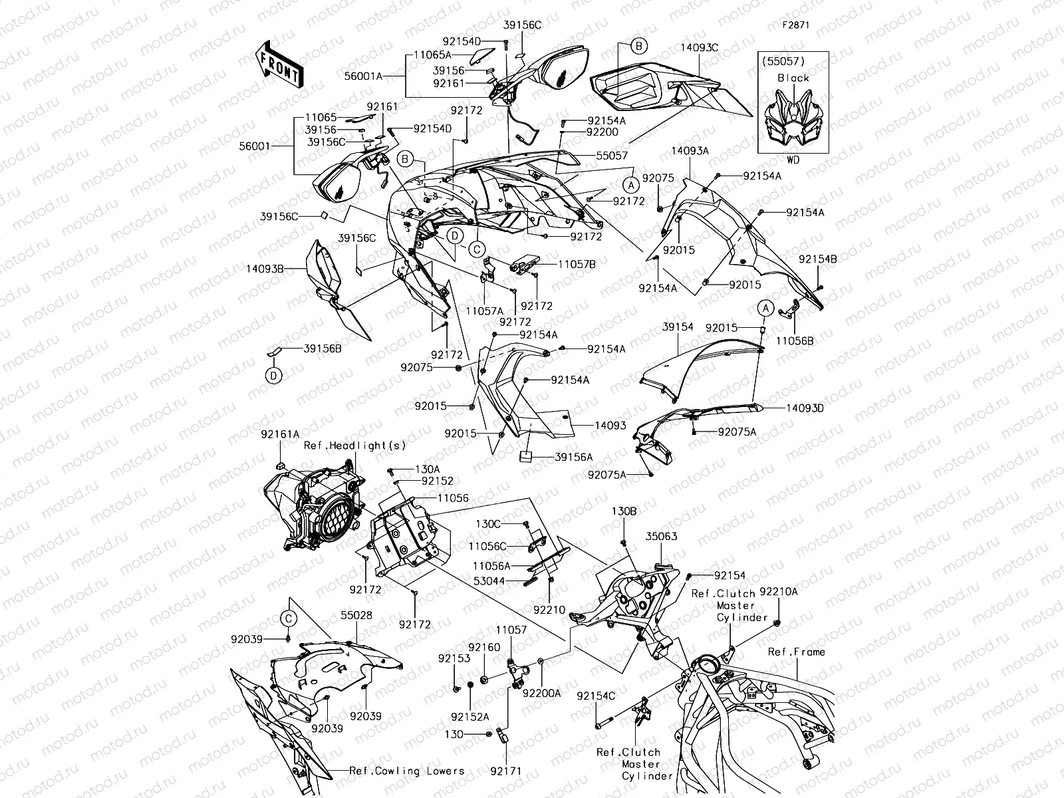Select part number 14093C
coord(700,48)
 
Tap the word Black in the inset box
coord(793,78)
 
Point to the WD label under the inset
coord(793,160)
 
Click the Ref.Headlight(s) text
coord(354,446)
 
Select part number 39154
coord(678,327)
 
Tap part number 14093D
coord(805,408)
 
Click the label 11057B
coord(577,264)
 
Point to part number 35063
coord(661,535)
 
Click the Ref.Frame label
coord(796,652)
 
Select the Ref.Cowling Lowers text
coord(407,771)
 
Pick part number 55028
coord(356,616)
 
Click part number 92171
coord(506,771)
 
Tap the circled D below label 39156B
coord(273,376)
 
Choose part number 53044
coord(490,581)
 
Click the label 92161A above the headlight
coord(280,435)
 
